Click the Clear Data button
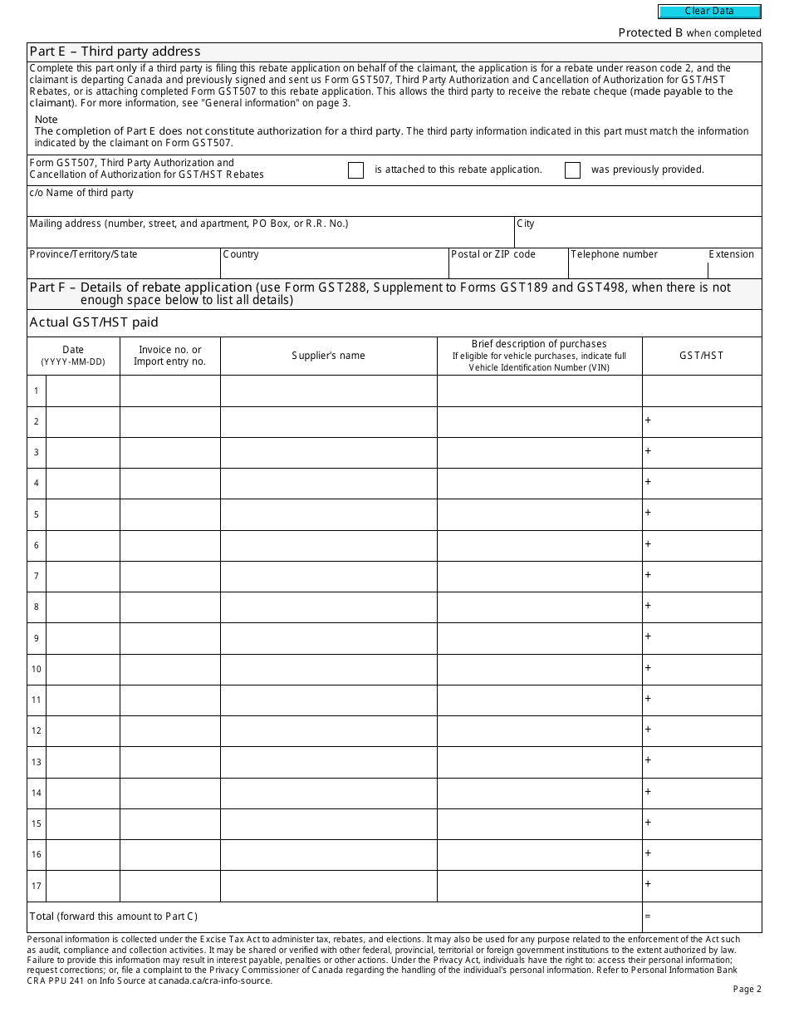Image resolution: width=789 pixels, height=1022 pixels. pos(709,12)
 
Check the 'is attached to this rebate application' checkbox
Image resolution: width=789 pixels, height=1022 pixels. pos(355,170)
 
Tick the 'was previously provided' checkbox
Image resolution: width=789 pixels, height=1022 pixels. pos(572,170)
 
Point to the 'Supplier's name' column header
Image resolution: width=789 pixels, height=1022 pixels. pos(328,356)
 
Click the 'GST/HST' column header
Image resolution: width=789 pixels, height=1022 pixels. pos(701,356)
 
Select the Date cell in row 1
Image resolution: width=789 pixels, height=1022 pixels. pos(82,391)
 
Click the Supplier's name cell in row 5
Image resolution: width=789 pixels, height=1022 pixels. pos(328,514)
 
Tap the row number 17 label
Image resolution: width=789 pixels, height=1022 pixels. pos(37,886)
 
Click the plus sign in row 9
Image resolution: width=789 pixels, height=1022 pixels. pos(648,636)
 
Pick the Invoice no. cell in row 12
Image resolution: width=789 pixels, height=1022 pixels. pos(169,731)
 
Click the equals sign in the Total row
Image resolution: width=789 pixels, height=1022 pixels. pos(648,916)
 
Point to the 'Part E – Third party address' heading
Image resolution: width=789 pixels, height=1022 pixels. pos(115,52)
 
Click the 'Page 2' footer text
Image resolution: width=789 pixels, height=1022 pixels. pos(747,989)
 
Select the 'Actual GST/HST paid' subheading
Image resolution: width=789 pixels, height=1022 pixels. pos(94,322)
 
